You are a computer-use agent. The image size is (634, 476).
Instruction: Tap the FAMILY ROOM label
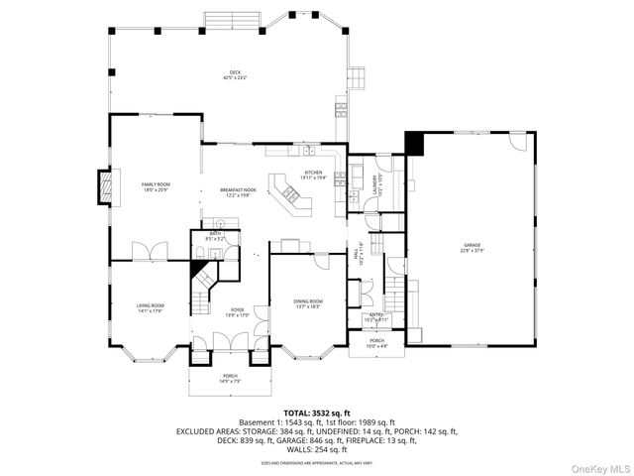(156, 185)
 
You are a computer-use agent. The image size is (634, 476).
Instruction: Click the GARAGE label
(472, 247)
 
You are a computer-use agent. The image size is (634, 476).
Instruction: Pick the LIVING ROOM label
(151, 307)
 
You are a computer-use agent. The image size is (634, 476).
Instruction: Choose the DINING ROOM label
(308, 303)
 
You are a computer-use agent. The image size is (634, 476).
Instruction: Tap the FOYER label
(238, 312)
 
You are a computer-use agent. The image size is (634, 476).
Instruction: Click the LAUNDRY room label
(376, 183)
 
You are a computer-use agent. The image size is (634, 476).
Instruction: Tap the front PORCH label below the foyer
(230, 377)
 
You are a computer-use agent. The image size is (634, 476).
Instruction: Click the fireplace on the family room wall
(101, 186)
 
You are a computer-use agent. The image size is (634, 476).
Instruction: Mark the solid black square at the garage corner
(413, 143)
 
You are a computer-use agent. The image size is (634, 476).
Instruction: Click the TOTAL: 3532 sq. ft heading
(317, 412)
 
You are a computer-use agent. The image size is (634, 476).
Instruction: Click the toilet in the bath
(199, 255)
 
